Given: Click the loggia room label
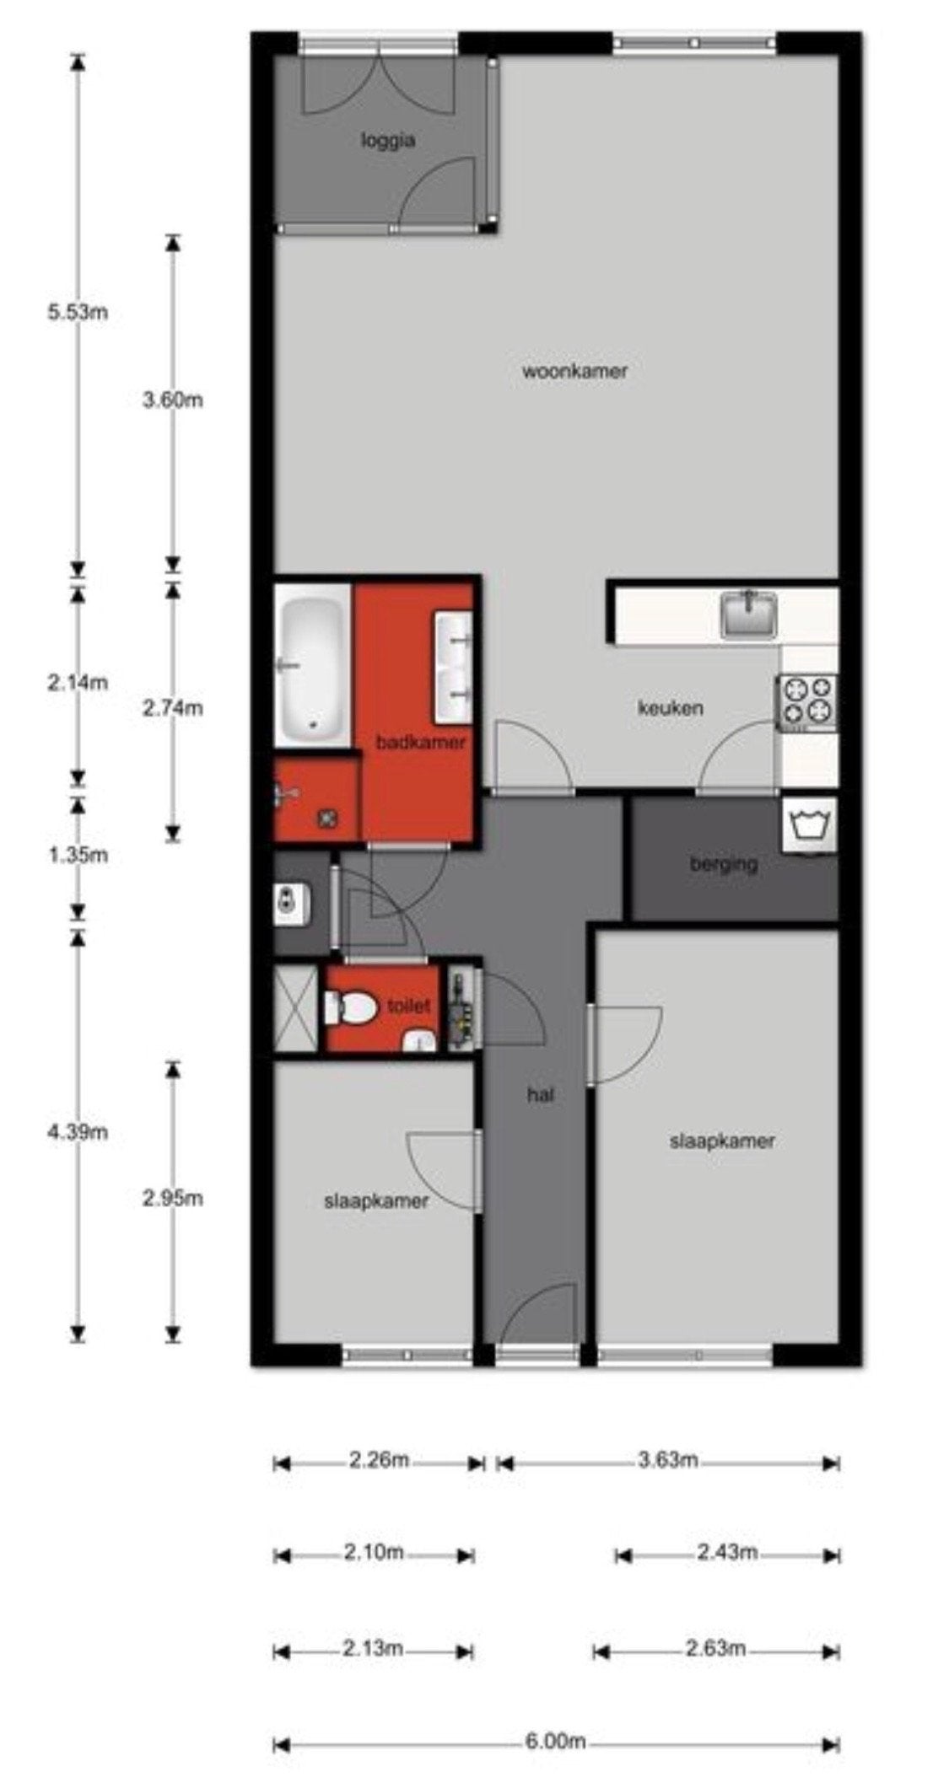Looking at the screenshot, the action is coord(388,141).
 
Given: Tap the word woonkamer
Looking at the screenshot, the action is coord(574,371).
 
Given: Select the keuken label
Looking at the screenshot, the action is coord(670,708).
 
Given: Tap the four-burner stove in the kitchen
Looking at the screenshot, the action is coord(807,702).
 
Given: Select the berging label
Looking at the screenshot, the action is coord(724,864).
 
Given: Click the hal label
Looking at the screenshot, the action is coord(540,1096).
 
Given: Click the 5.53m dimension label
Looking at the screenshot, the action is coord(78,313).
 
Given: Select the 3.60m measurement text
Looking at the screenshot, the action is coord(173,400).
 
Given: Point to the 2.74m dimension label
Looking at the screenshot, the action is coord(173,708).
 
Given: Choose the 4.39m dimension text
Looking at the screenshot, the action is coord(78,1132).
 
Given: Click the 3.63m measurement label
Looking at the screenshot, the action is coord(668,1460).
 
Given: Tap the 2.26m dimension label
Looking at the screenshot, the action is coord(379,1460).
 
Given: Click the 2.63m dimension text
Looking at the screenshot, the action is coord(715,1648).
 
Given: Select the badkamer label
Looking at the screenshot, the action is coord(421,743).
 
